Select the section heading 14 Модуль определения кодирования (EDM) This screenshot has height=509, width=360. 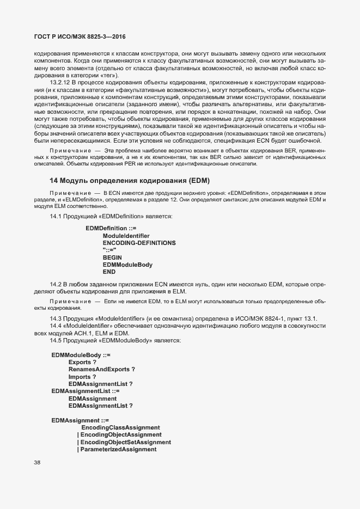point(130,180)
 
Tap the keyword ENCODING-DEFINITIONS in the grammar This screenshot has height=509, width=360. point(139,242)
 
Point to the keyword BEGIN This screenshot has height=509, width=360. point(112,257)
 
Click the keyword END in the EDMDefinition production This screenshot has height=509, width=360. point(109,272)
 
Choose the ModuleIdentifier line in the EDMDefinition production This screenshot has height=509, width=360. point(126,235)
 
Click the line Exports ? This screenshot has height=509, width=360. point(82,361)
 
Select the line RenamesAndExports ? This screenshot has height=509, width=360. point(101,369)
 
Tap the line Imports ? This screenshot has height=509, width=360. point(82,376)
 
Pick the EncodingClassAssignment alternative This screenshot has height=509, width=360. point(120,427)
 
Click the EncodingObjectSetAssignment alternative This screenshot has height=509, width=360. point(125,442)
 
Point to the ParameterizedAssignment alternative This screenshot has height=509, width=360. point(118,450)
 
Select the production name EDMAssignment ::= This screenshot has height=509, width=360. point(80,420)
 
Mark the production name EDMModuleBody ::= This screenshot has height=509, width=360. point(81,354)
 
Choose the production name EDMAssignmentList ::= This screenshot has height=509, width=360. point(86,391)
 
